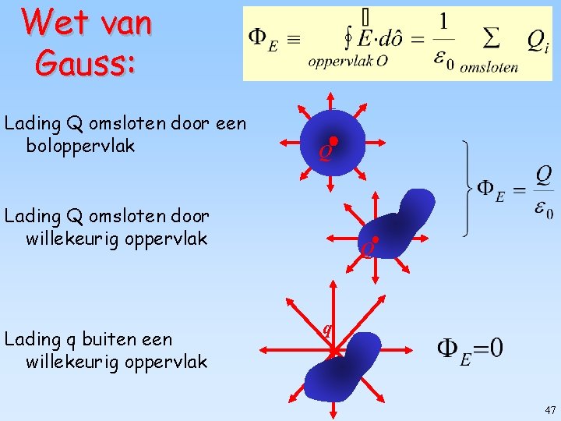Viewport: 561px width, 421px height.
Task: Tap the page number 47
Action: coord(550,410)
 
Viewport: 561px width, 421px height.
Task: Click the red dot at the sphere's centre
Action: coord(333,141)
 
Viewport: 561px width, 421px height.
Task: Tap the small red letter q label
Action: coord(327,327)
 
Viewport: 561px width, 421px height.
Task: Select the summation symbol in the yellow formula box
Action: coord(491,37)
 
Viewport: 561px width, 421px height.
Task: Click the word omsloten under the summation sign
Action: coord(489,67)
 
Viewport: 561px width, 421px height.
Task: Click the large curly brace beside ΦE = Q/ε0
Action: coord(467,188)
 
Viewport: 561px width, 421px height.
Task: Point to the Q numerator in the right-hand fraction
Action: coord(543,173)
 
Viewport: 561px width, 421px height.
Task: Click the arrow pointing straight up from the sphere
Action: coord(330,100)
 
